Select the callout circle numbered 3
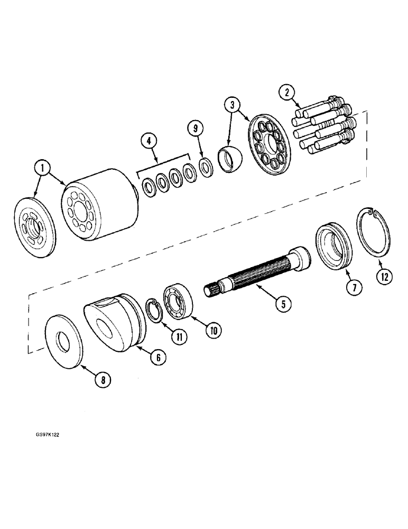pos(231,104)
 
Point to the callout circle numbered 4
pos(150,141)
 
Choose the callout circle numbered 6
pos(156,357)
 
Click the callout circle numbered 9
pos(196,129)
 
